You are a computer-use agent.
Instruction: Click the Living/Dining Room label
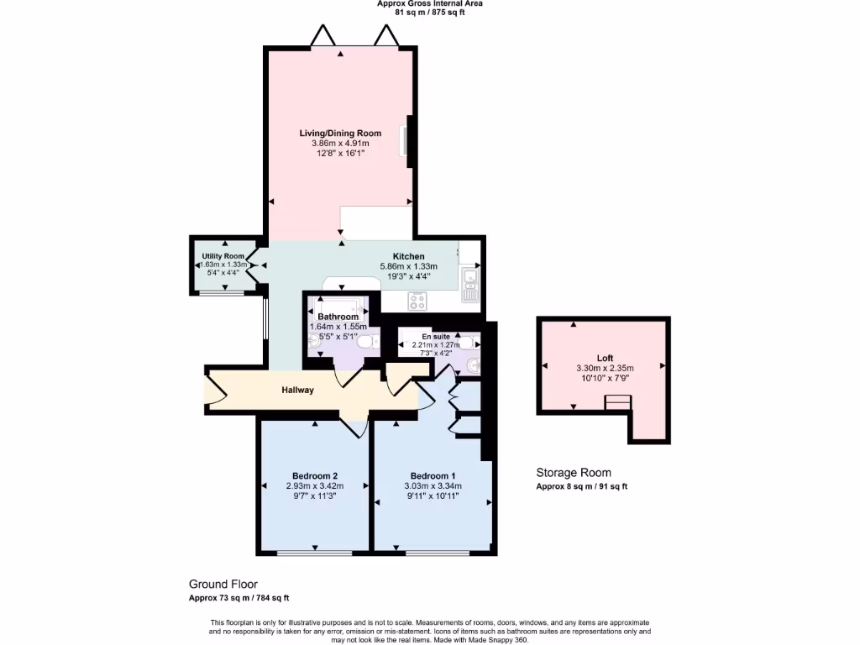click(340, 133)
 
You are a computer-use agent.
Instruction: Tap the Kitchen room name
click(408, 256)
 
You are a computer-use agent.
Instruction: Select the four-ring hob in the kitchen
click(417, 301)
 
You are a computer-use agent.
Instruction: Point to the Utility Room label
click(223, 256)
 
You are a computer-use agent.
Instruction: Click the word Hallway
click(297, 390)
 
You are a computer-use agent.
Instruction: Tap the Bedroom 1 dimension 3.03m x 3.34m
click(433, 485)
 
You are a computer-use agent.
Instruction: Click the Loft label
click(605, 358)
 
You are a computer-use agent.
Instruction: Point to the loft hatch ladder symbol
click(617, 404)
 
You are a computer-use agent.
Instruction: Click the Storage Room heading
click(574, 473)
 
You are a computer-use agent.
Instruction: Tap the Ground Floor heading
click(223, 585)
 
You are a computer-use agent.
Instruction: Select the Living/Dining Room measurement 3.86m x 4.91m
click(340, 144)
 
